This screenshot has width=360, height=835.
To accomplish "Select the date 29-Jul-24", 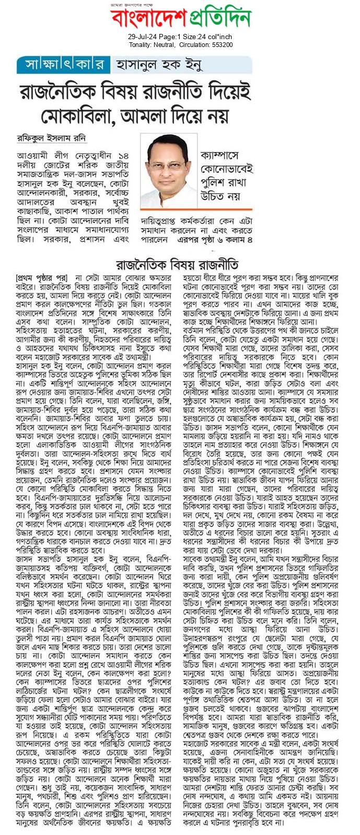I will click(143, 37).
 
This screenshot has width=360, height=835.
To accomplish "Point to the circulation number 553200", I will click(221, 45).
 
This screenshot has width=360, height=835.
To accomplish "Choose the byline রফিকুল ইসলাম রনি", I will click(51, 139).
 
